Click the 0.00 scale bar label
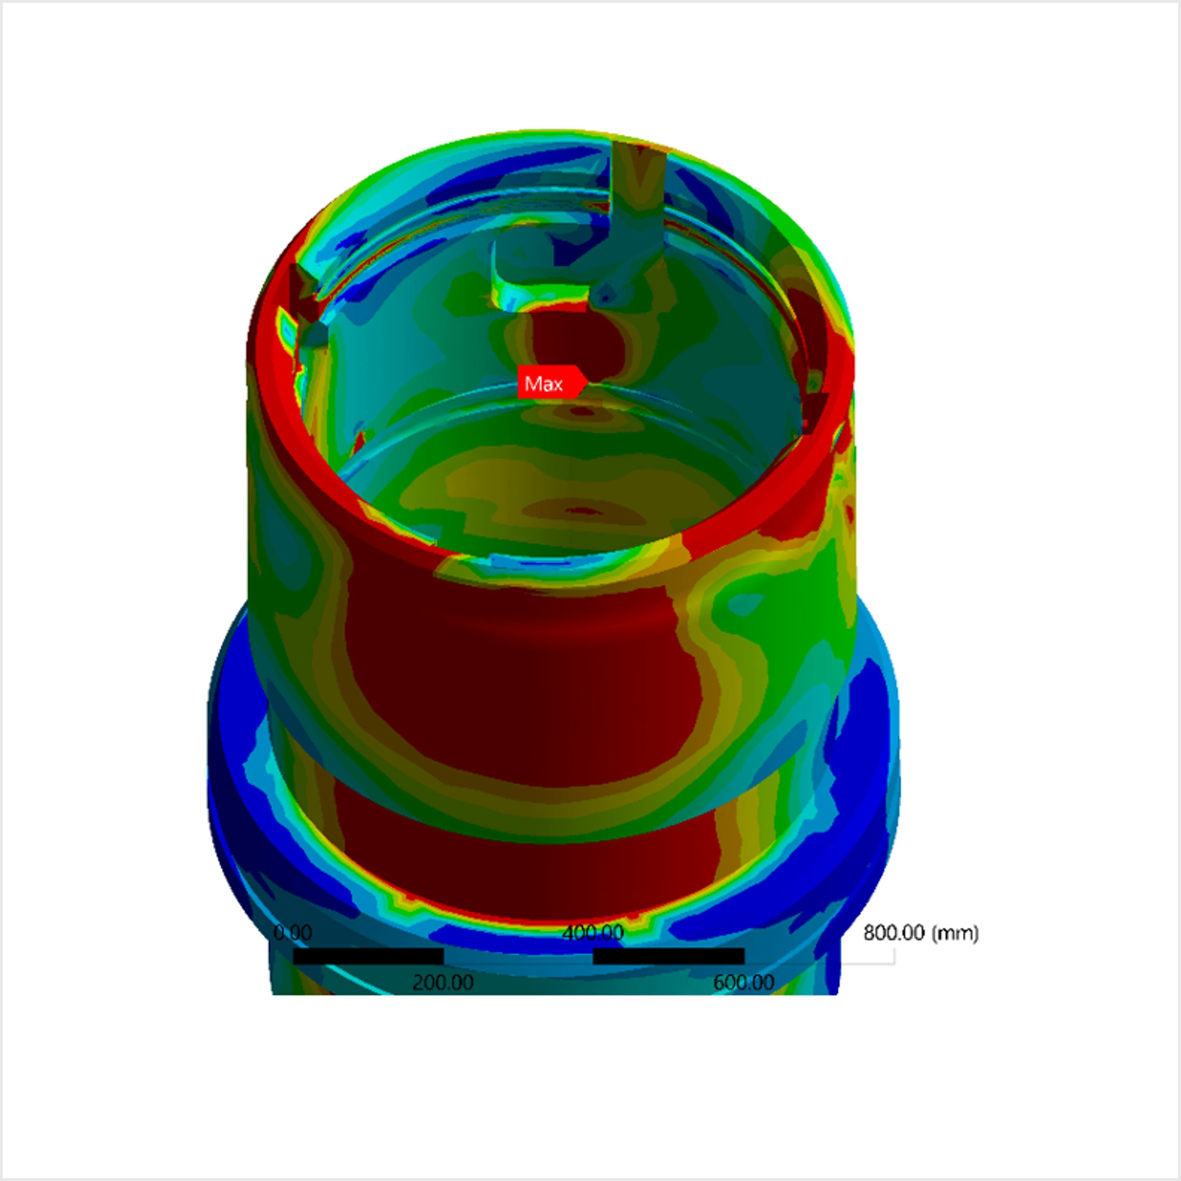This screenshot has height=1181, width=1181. click(x=292, y=933)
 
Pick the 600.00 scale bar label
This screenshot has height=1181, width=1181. click(x=743, y=982)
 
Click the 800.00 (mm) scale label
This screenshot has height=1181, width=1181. click(x=921, y=933)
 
